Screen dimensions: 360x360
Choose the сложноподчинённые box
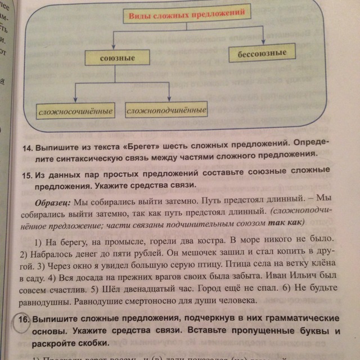point(166,110)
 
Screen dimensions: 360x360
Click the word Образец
point(52,201)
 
